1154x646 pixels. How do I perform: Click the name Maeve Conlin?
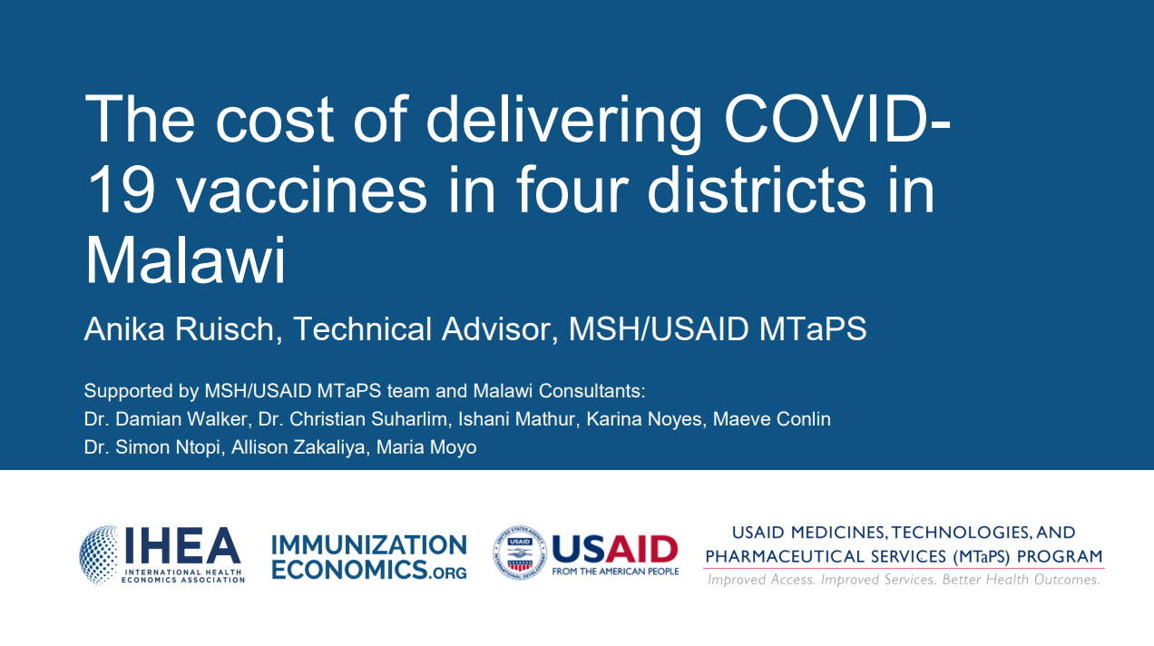(773, 419)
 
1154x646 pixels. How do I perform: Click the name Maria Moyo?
(426, 447)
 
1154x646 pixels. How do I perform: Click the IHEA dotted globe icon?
(98, 553)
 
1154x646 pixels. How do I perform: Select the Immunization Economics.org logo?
(369, 556)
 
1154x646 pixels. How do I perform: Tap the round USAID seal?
(520, 553)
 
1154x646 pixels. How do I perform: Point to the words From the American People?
(615, 572)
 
